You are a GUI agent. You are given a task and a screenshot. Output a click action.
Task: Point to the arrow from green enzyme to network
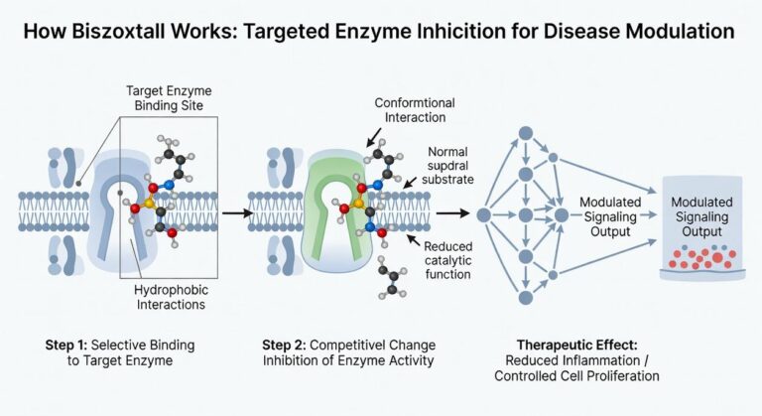[x=452, y=211]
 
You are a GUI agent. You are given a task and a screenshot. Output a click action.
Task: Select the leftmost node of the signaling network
[x=484, y=213]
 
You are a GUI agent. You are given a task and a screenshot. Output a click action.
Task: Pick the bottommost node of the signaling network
[x=526, y=296]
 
